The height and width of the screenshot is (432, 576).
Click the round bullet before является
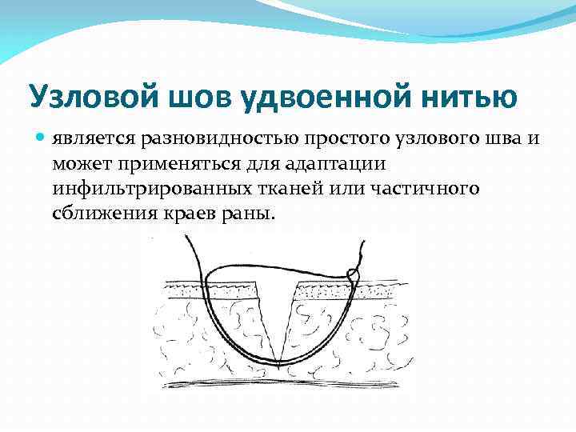click(42, 139)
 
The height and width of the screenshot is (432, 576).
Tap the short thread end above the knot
click(362, 252)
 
